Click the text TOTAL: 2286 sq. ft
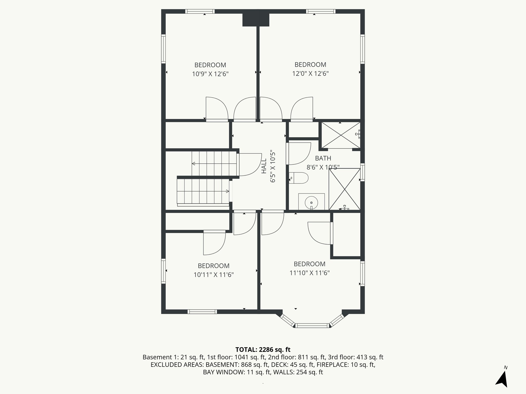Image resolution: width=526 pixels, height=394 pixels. point(263,350)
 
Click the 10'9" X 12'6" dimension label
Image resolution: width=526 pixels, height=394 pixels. point(210,74)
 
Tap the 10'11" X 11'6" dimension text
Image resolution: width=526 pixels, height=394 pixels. point(213,275)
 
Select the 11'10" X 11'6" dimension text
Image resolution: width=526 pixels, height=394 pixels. point(309,273)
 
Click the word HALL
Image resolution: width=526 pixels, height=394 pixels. point(264,166)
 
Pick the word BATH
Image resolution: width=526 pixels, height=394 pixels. point(323,158)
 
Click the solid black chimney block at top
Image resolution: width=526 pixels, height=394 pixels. point(256,20)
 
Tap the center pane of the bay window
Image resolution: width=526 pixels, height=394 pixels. point(312,326)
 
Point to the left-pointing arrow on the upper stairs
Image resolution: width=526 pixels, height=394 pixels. point(193,164)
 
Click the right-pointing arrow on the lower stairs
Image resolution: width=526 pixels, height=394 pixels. point(227,191)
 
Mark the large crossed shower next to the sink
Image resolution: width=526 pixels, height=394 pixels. point(344,189)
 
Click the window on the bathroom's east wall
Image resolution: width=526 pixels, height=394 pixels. point(362,172)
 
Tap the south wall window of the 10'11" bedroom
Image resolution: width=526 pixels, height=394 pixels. point(202,312)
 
